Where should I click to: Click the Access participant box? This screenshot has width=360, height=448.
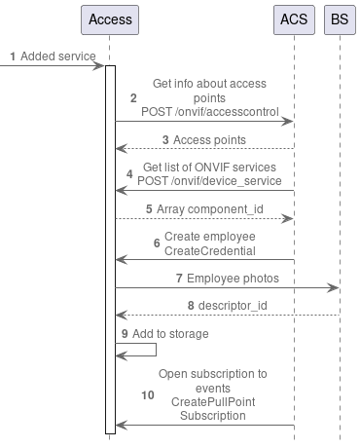click(110, 19)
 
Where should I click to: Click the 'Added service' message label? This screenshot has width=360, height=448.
click(56, 56)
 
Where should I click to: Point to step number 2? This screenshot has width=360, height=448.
click(133, 97)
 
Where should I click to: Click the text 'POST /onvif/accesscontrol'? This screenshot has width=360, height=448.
click(203, 112)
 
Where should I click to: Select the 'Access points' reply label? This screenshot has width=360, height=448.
click(209, 140)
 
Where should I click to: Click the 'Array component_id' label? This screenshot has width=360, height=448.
click(204, 208)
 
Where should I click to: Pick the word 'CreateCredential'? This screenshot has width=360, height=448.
click(210, 250)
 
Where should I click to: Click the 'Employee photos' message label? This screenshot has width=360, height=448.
click(233, 278)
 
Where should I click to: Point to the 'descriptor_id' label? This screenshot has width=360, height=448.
click(233, 306)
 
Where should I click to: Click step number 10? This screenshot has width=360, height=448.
click(147, 394)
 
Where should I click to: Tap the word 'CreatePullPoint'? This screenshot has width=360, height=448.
click(204, 401)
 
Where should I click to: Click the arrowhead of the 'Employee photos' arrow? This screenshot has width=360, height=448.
click(333, 288)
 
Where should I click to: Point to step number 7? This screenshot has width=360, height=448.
click(179, 278)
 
